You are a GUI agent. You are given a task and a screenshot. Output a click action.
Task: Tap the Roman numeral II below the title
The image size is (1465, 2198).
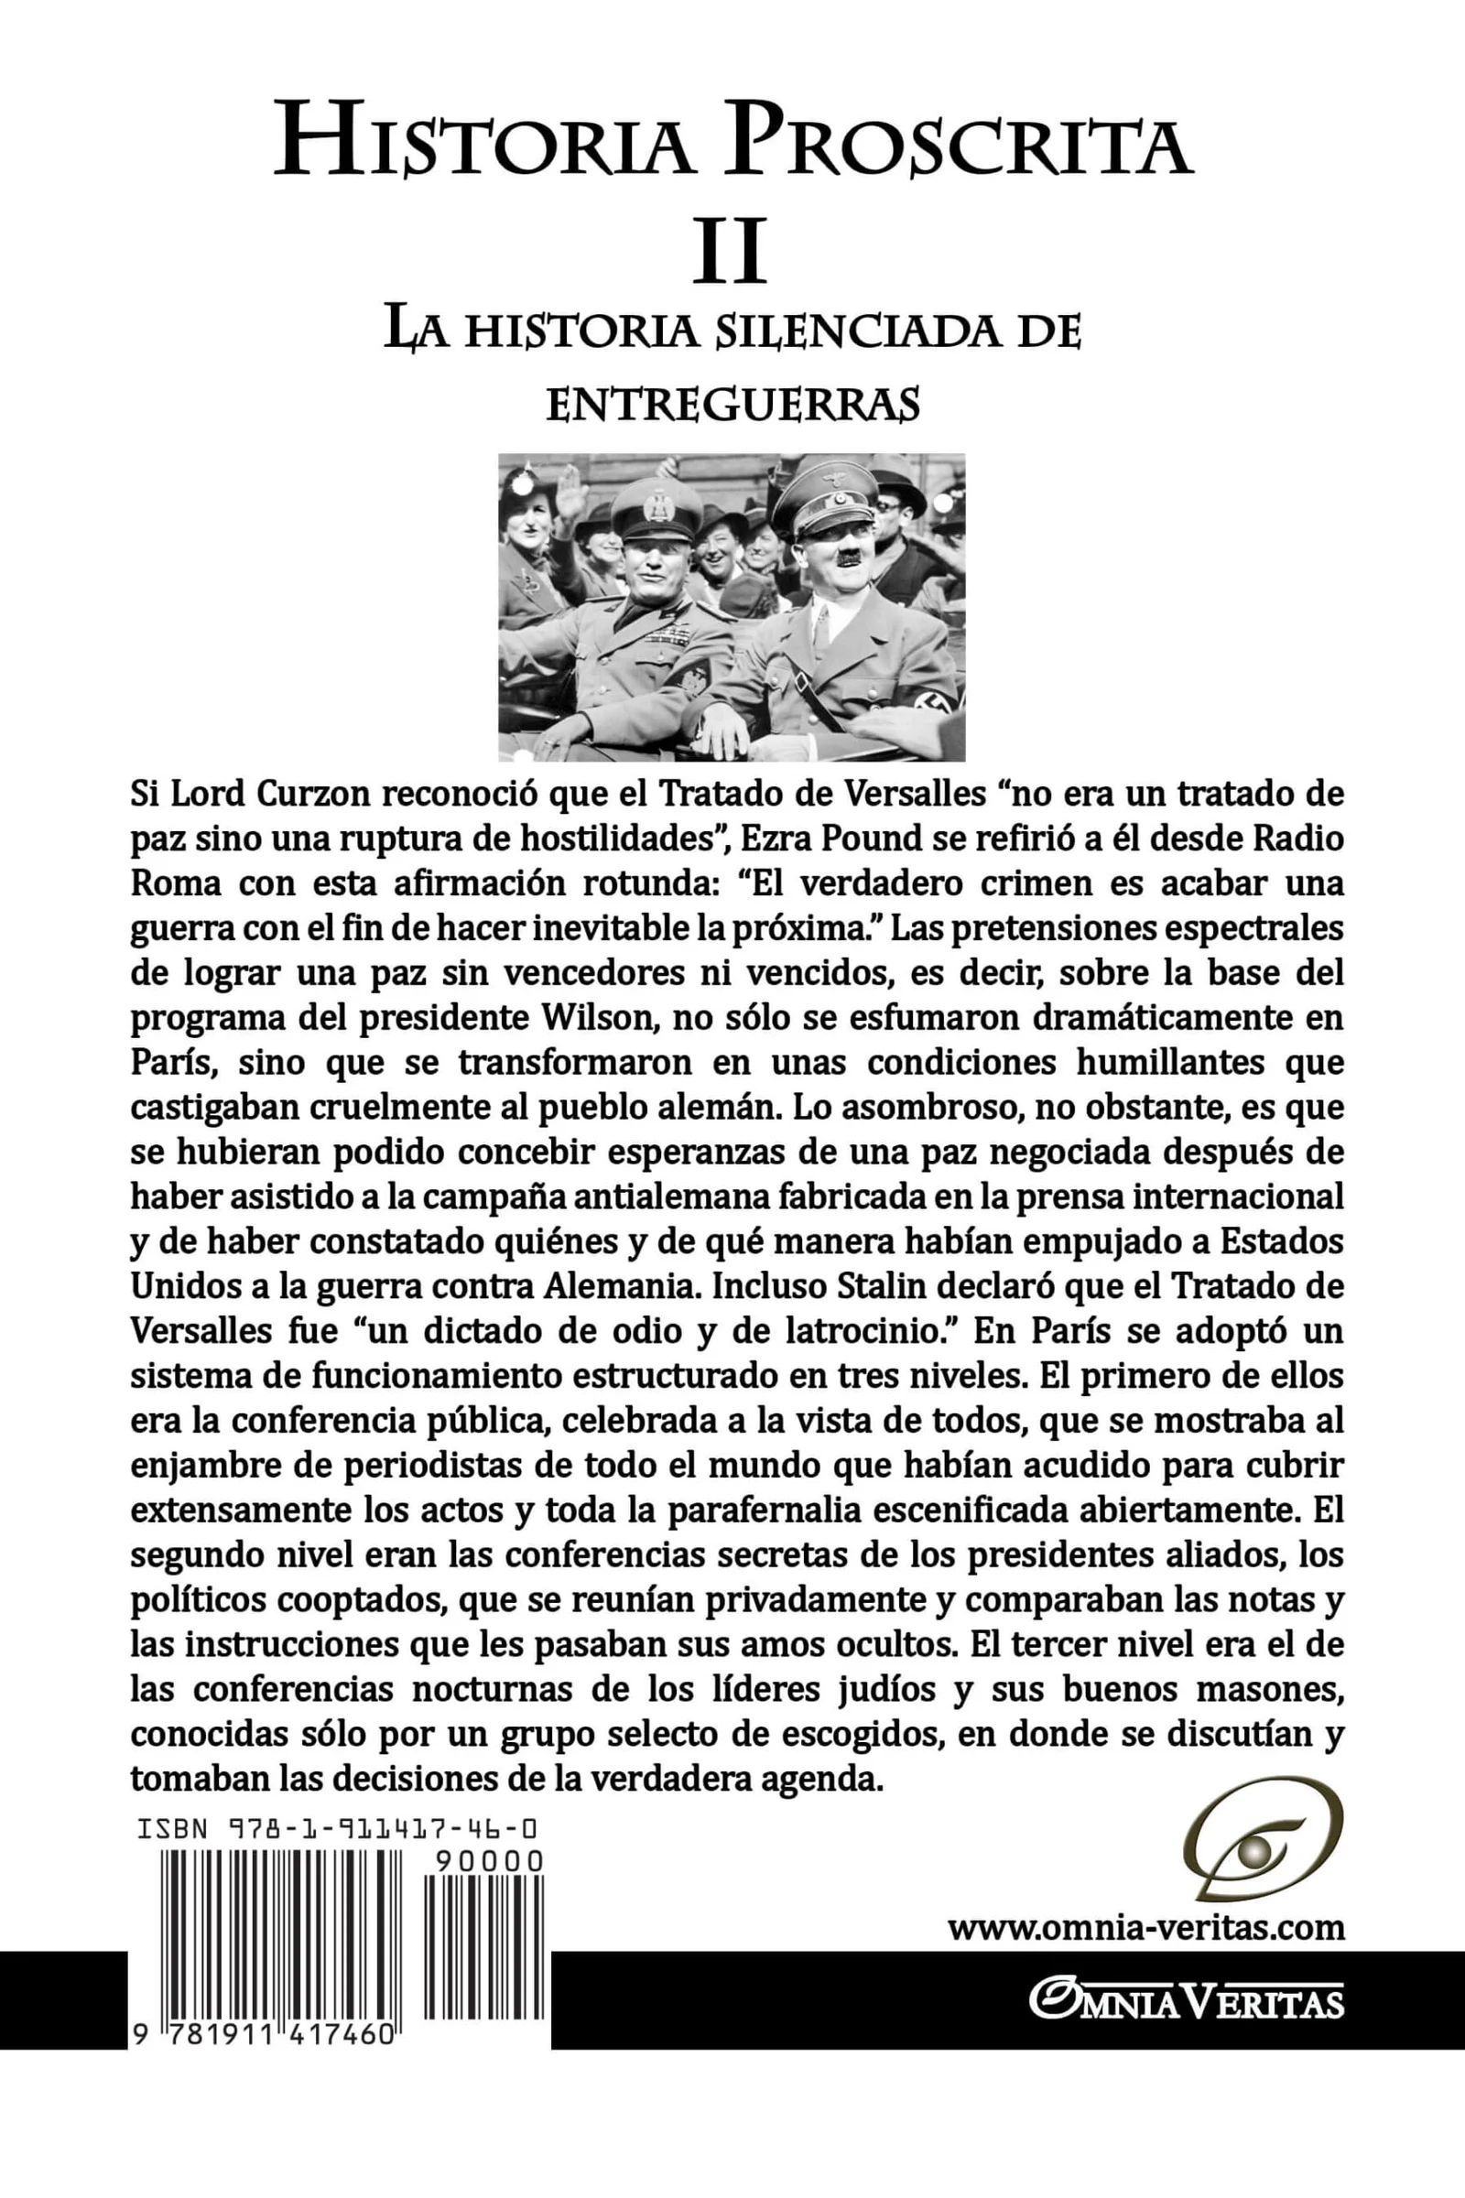click(x=729, y=251)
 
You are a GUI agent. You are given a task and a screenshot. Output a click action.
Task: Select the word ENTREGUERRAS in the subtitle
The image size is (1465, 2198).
click(x=732, y=406)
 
